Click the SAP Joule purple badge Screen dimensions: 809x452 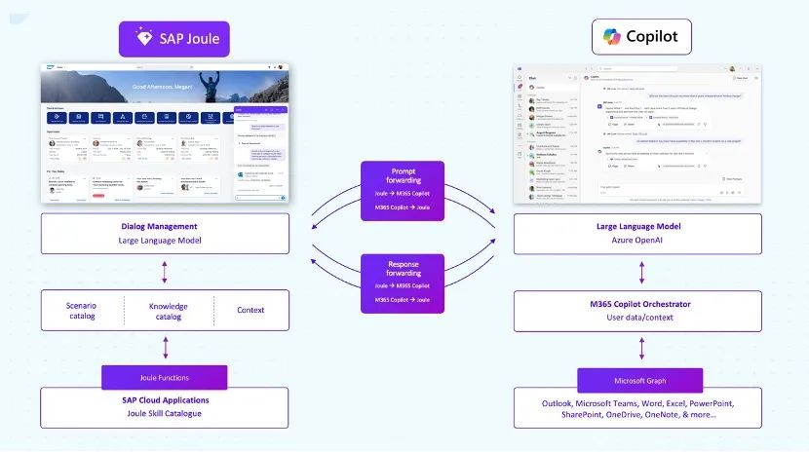174,39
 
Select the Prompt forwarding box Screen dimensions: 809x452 403,190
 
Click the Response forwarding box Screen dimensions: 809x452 403,283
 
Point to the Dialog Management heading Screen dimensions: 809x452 165,227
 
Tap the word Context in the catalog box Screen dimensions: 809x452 250,311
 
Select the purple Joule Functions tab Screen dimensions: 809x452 165,377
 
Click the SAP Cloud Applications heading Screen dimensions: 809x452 165,400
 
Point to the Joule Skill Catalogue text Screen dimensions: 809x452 165,413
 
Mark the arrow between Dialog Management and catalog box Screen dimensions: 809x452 165,272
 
